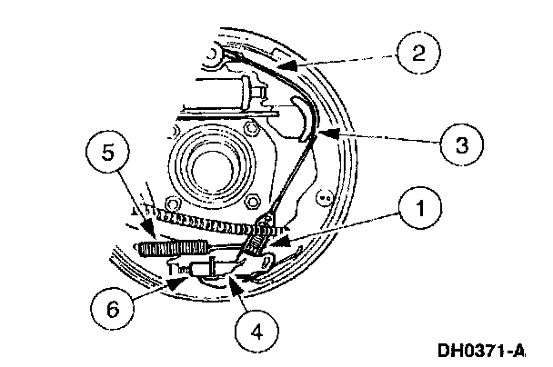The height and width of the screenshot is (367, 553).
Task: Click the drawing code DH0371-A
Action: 494,347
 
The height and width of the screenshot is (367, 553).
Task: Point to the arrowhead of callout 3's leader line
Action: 313,133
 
